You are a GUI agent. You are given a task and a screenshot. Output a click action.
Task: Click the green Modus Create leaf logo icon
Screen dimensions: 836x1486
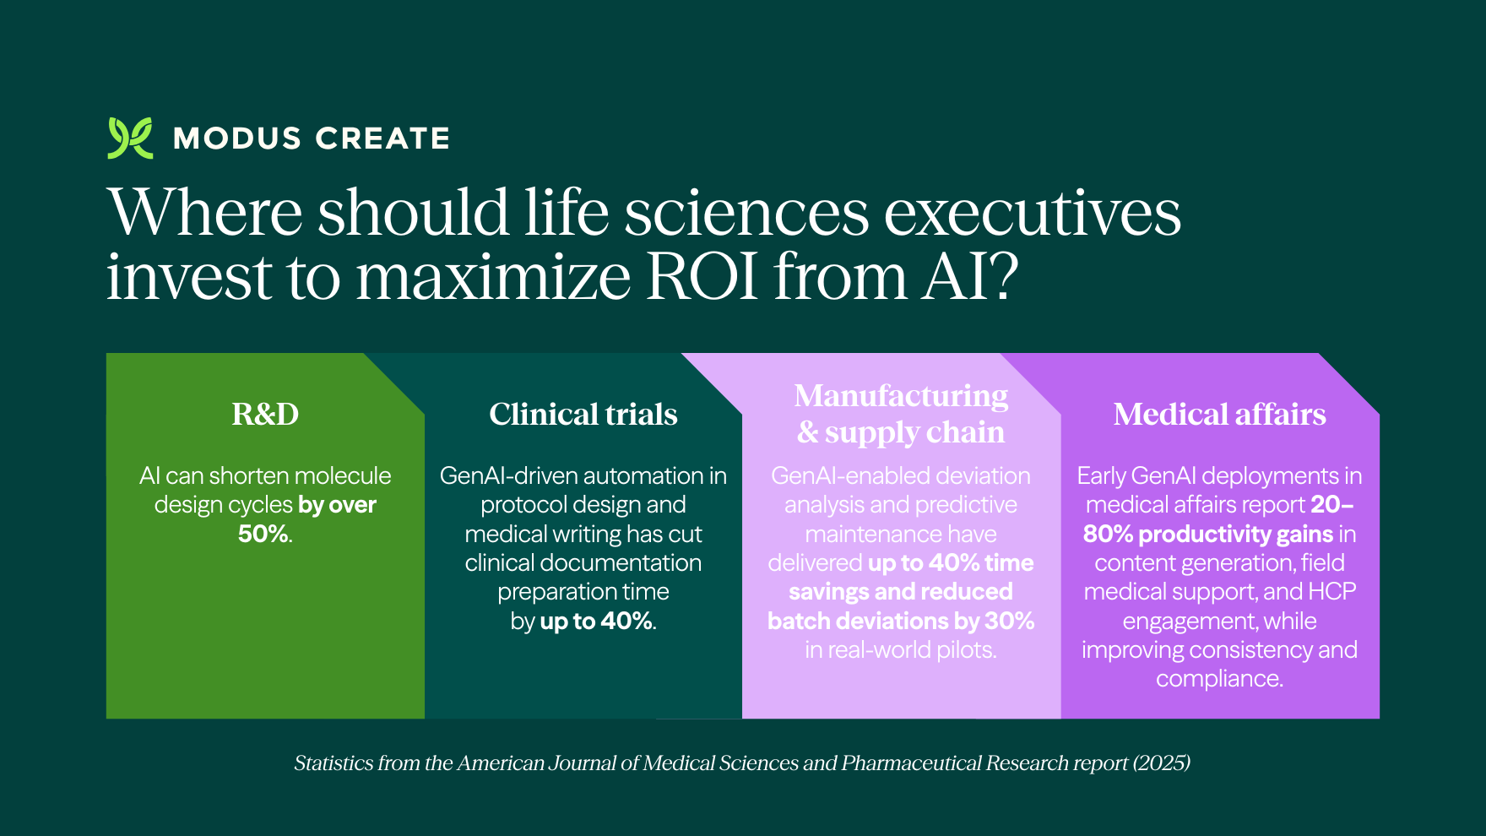coord(130,138)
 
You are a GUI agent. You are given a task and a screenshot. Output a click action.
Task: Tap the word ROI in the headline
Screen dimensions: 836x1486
coord(702,276)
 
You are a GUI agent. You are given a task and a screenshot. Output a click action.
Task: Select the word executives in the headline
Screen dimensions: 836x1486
coord(1032,212)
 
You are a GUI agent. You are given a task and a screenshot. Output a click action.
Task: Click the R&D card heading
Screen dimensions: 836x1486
coord(265,414)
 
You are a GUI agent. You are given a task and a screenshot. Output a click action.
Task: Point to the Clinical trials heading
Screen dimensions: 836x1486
coord(583,414)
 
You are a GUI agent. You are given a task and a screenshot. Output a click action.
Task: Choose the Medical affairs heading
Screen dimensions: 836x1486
coord(1219,414)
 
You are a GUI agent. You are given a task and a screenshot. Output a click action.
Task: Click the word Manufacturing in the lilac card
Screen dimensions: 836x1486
coord(901,395)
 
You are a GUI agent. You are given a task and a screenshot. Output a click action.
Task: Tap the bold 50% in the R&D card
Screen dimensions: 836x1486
coord(263,534)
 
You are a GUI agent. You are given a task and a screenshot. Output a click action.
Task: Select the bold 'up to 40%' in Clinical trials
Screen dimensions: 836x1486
coord(596,621)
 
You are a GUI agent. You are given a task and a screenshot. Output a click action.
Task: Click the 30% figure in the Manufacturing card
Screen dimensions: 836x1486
coord(1009,621)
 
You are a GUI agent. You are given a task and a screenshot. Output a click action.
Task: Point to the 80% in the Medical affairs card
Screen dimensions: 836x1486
coord(1107,534)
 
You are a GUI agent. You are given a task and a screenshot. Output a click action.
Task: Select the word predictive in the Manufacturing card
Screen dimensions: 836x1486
coord(966,504)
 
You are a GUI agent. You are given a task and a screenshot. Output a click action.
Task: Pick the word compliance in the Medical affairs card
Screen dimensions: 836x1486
coord(1218,678)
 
